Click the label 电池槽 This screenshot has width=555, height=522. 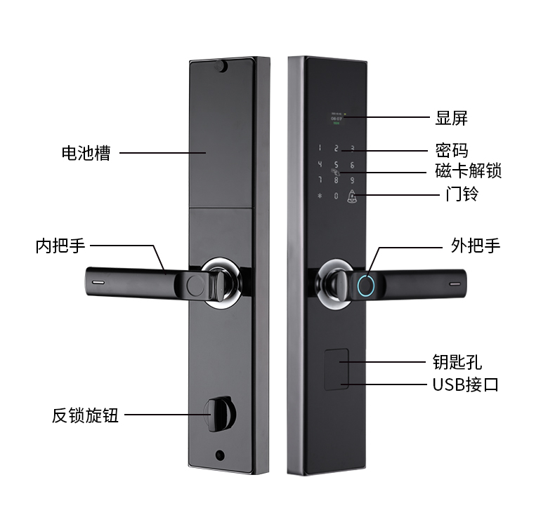pyautogui.click(x=86, y=153)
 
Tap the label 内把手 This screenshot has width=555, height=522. pyautogui.click(x=60, y=246)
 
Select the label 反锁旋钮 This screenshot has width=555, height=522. pyautogui.click(x=85, y=415)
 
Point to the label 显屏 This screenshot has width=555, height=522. pyautogui.click(x=451, y=118)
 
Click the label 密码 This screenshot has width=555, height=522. pyautogui.click(x=451, y=151)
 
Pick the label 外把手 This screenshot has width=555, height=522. pyautogui.click(x=476, y=246)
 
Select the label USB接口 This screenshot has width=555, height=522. pyautogui.click(x=465, y=384)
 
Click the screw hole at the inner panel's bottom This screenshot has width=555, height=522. pyautogui.click(x=221, y=453)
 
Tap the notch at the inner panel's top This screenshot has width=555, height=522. pyautogui.click(x=222, y=67)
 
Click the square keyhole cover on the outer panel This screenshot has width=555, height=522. pyautogui.click(x=336, y=367)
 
